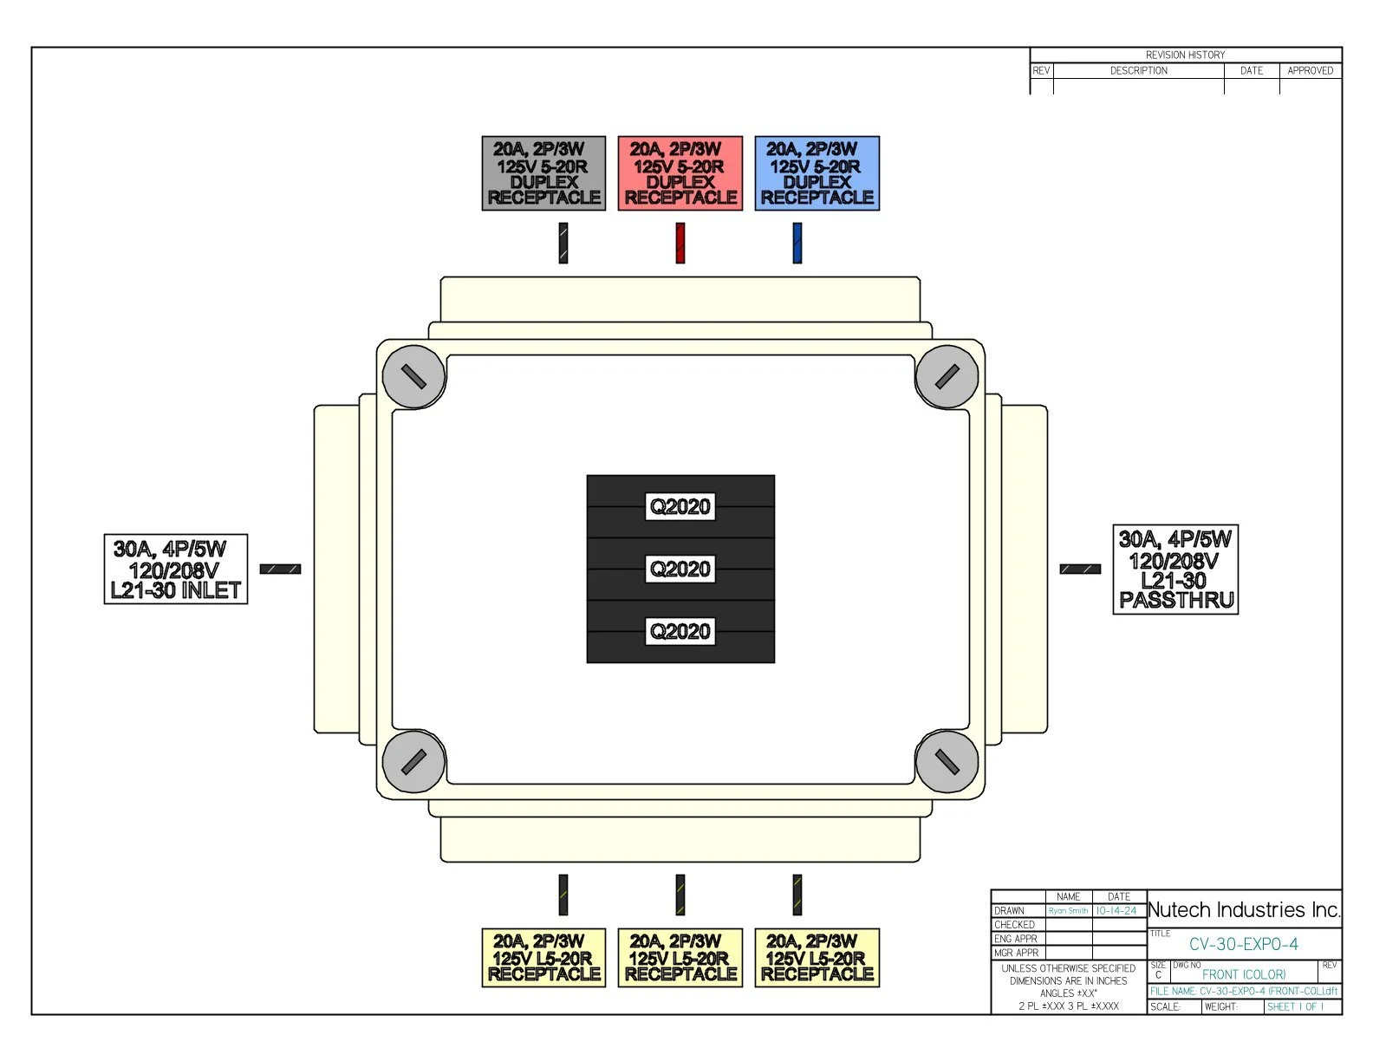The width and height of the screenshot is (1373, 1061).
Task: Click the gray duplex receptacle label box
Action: [543, 173]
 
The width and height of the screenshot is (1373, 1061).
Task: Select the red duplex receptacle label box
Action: [680, 173]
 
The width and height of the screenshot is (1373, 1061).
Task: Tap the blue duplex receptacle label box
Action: [817, 173]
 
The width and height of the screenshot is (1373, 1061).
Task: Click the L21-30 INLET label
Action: [176, 570]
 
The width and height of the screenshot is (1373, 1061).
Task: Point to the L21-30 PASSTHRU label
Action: [1175, 570]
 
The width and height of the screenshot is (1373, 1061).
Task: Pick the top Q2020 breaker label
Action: [680, 506]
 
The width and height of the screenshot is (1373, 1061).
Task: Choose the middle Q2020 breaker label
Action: [680, 569]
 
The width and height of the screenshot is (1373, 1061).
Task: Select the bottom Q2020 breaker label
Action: [680, 631]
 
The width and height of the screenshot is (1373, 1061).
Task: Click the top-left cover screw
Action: [414, 376]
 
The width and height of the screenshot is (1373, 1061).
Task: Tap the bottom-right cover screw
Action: [947, 762]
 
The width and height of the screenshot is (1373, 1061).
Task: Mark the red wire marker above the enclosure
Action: [680, 243]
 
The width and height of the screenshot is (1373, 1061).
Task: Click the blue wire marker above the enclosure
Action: [797, 243]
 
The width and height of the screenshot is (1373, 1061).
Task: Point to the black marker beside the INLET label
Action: [280, 570]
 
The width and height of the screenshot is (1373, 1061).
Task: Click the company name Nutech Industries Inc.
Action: [1244, 910]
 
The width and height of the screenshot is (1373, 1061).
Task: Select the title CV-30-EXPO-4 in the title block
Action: [1243, 945]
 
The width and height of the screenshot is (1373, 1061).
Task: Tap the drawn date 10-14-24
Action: [1116, 911]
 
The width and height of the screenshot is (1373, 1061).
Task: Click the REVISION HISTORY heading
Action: [1185, 55]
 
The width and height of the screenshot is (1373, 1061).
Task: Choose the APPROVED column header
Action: [1310, 71]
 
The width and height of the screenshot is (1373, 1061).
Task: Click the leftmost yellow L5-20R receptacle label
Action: [543, 958]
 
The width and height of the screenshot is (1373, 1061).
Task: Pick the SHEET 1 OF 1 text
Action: [1295, 1007]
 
